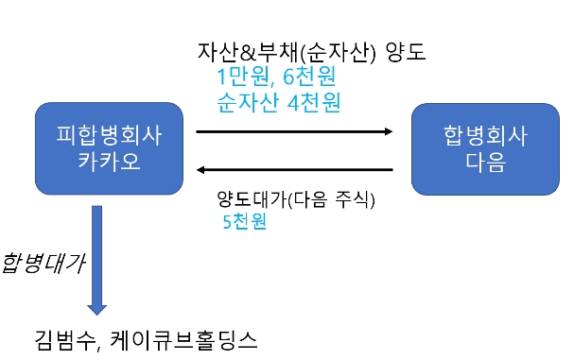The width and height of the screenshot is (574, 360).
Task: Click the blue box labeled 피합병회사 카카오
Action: point(108,149)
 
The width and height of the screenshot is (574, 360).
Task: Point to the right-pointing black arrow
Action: point(293,133)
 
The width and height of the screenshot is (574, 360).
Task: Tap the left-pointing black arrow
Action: point(293,170)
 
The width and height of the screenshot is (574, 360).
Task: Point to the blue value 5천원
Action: point(241,223)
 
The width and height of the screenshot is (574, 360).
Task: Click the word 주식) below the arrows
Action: point(354,199)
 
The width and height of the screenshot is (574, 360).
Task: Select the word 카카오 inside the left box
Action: point(109,162)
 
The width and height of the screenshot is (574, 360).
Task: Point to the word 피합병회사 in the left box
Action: point(109,137)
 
